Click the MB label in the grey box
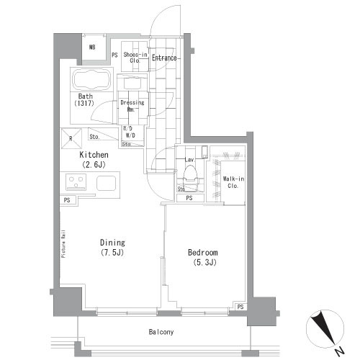tap(92, 48)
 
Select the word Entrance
tap(166, 57)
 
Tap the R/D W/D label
tap(130, 132)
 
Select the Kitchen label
tap(94, 155)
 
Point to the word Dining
tap(112, 243)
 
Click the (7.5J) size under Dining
tap(112, 253)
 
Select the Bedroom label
tap(203, 253)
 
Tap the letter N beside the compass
tap(338, 351)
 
